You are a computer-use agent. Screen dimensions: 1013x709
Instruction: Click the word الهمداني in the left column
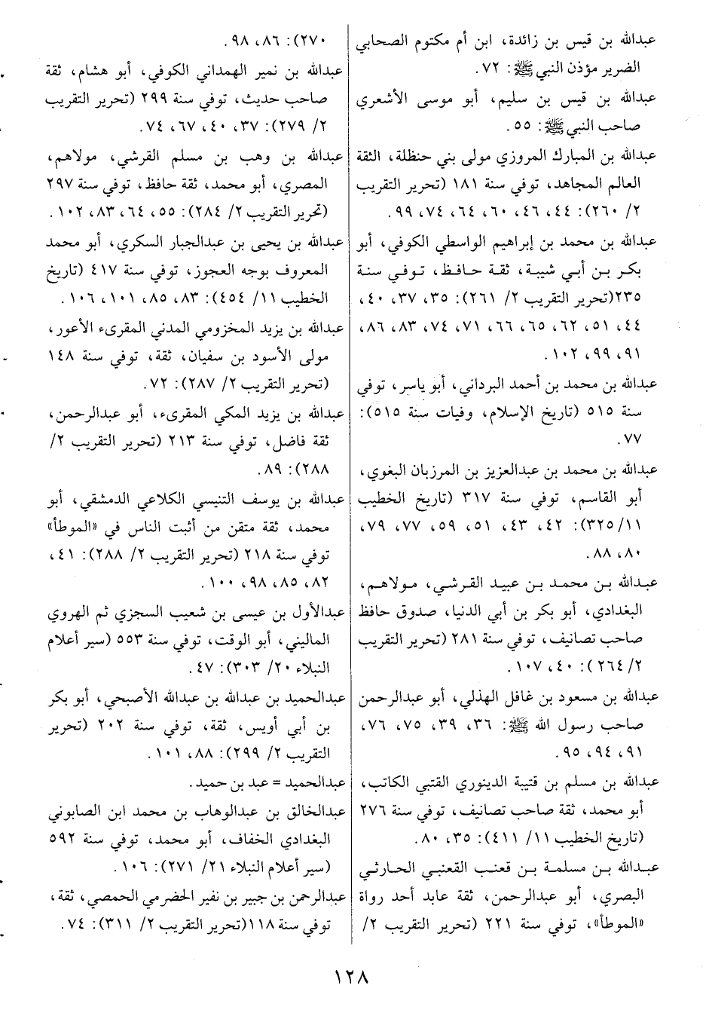210,72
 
